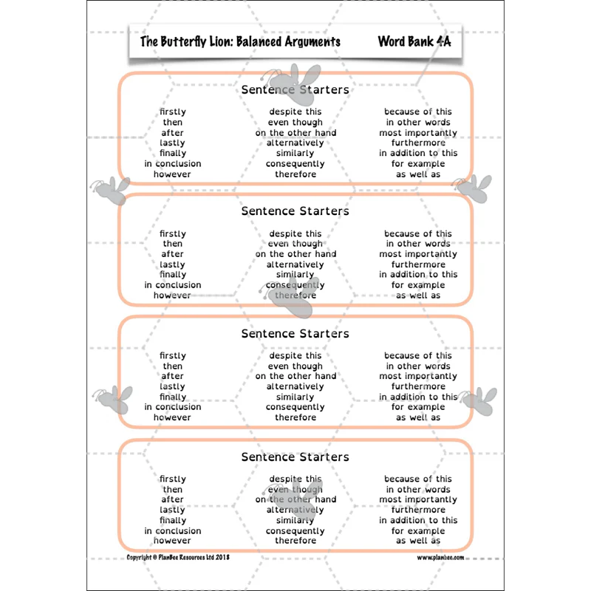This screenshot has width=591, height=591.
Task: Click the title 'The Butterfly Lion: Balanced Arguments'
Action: pyautogui.click(x=240, y=41)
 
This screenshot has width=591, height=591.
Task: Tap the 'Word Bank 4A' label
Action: pyautogui.click(x=414, y=41)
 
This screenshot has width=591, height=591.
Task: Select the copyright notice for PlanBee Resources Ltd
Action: pyautogui.click(x=178, y=557)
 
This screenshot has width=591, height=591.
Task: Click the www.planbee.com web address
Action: pyautogui.click(x=440, y=558)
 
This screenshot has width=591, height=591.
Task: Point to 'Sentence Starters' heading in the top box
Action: pyautogui.click(x=295, y=89)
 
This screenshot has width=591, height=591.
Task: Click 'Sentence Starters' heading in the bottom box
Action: pyautogui.click(x=295, y=457)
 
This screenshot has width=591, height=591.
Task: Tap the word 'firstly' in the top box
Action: pyautogui.click(x=173, y=112)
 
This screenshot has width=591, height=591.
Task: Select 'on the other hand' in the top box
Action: pyautogui.click(x=295, y=133)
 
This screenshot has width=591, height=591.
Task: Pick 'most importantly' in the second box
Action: pyautogui.click(x=418, y=254)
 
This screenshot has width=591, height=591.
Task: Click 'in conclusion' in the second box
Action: pyautogui.click(x=173, y=285)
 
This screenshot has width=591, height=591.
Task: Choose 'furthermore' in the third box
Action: pyautogui.click(x=418, y=386)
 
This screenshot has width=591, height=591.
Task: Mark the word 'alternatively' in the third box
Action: pyautogui.click(x=295, y=386)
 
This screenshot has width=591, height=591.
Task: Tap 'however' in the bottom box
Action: pyautogui.click(x=172, y=541)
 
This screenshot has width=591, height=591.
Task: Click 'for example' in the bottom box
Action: pyautogui.click(x=418, y=531)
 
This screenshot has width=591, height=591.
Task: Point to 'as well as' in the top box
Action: pyautogui.click(x=418, y=174)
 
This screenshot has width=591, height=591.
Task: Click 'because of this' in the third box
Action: pyautogui.click(x=418, y=355)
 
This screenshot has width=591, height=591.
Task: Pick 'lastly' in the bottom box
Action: pyautogui.click(x=172, y=510)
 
